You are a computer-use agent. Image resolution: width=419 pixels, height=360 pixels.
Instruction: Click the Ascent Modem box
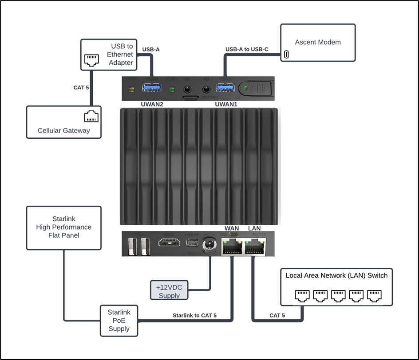318,43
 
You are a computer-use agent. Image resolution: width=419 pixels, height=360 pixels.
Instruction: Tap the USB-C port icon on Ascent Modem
286,55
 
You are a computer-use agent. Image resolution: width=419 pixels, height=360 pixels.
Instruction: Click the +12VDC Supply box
169,291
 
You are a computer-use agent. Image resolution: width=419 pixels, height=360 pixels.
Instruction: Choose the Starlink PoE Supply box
119,321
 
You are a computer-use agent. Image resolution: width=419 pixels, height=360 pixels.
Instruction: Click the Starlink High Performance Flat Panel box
64,227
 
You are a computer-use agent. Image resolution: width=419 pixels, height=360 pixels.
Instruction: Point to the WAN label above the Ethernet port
232,228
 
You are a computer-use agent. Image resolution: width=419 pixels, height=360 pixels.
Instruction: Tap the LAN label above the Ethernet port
254,228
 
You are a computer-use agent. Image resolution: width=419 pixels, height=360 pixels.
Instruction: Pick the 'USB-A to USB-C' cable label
247,49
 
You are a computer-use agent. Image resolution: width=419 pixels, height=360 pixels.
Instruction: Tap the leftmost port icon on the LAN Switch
303,296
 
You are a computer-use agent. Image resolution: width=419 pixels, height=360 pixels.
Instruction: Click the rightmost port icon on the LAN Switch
374,296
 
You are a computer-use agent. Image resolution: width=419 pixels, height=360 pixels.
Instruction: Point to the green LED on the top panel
245,88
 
